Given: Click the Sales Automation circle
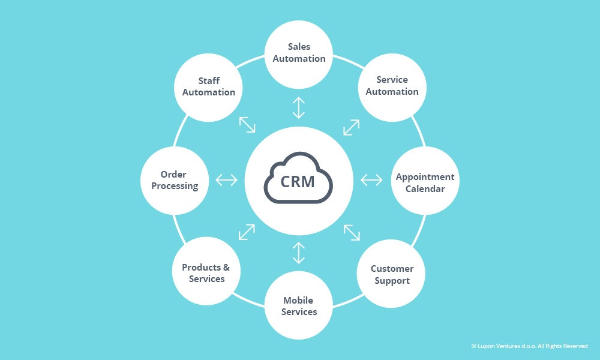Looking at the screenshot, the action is coord(298,55).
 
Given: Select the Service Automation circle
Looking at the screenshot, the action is coord(392,88).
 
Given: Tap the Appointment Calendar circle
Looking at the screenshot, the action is coord(425,181).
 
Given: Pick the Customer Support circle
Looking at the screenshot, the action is coord(391,274).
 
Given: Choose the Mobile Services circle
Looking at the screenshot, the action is coord(298,305).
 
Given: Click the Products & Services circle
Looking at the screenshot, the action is coord(206,271).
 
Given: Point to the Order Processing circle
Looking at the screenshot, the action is coord(175,181).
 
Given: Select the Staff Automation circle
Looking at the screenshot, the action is coord(208,88).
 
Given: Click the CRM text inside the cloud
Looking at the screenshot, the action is coord(298,182).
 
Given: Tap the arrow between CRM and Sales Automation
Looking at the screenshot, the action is coord(298,108).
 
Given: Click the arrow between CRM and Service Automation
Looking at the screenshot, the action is coord(351,127).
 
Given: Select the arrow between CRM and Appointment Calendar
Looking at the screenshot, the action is coord(371,179).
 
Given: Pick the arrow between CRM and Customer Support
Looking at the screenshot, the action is coord(352,233).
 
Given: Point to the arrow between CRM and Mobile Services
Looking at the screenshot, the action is coord(298,253).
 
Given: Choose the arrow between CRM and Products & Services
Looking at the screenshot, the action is coord(247,232).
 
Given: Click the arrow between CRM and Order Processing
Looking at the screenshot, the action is coord(227,179).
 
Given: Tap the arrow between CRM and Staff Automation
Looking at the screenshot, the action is coord(247,125).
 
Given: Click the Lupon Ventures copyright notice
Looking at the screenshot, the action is coord(530,346).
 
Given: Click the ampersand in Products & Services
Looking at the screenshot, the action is coord(226,268).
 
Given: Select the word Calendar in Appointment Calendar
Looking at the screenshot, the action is coord(425,188).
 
